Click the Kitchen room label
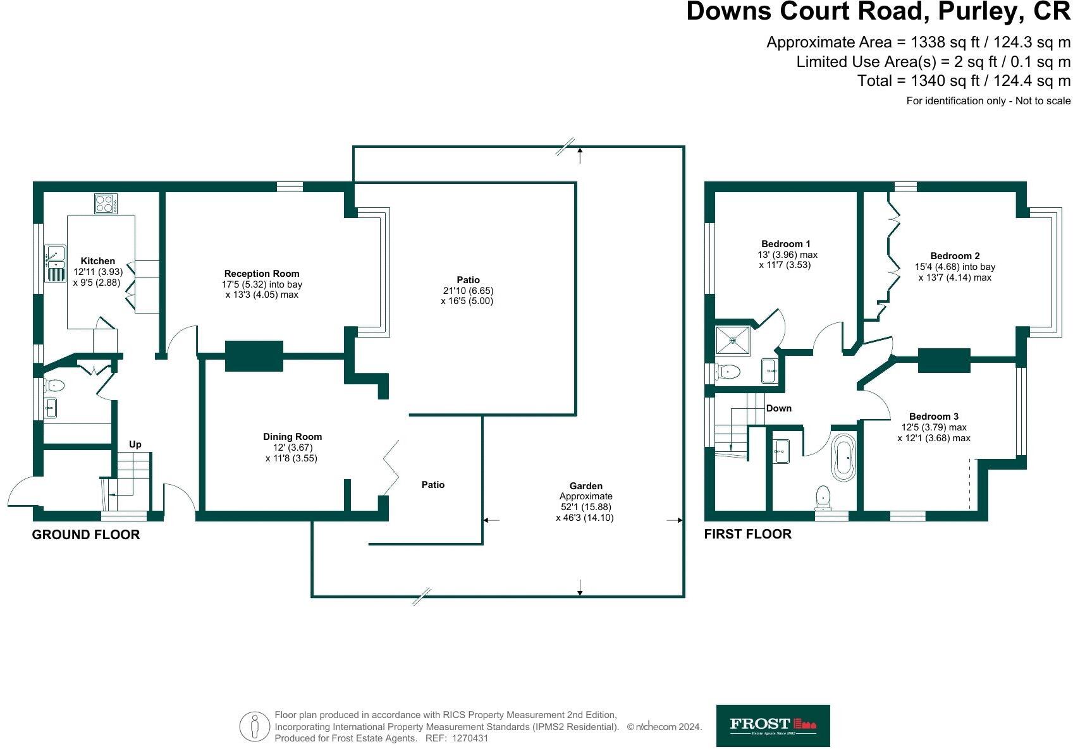98,261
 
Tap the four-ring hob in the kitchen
106,204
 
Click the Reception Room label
262,274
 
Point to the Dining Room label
292,437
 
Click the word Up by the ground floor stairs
135,444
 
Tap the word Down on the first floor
778,408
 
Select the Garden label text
586,486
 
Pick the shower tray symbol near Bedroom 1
733,341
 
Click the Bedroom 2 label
955,256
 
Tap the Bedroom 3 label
933,417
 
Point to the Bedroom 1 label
785,244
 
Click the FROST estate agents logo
773,726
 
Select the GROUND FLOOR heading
86,535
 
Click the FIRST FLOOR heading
747,534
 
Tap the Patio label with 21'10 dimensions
468,280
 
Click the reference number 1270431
470,738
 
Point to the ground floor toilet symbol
55,384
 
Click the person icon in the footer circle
255,727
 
